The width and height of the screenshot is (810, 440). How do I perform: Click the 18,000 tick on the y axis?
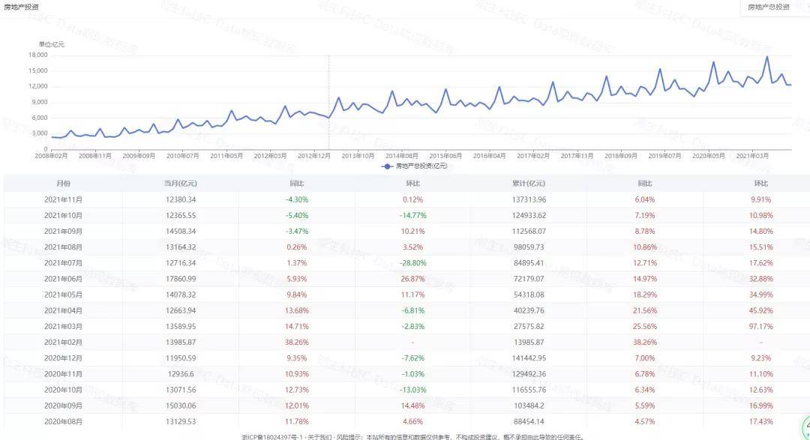tap(37, 55)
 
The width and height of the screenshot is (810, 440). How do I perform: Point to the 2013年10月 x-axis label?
tap(358, 156)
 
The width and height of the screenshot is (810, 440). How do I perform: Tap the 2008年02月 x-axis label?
tap(52, 156)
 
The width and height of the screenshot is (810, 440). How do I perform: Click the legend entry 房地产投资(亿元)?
tap(415, 166)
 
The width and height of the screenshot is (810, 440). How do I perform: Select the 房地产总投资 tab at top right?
tap(769, 7)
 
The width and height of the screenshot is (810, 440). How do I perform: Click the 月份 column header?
tap(64, 183)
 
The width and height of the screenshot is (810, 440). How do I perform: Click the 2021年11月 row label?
tap(64, 199)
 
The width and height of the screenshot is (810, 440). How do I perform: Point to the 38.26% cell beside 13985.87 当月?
tap(296, 342)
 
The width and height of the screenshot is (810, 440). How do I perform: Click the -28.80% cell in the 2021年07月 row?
tap(412, 263)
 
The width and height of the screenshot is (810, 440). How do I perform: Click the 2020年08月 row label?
tap(64, 421)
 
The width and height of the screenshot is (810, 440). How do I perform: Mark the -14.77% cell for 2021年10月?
tap(412, 215)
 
